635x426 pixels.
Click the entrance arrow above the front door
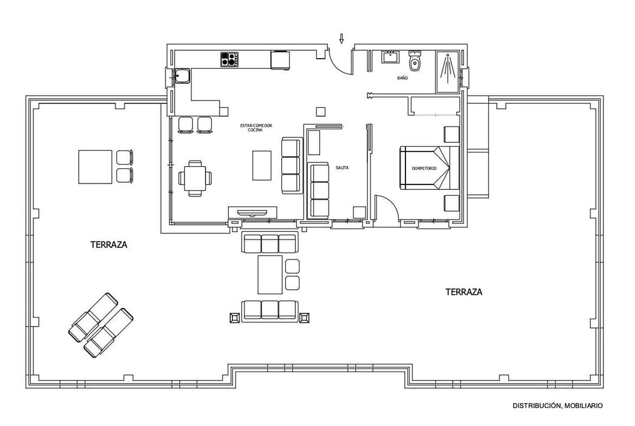pyautogui.click(x=341, y=38)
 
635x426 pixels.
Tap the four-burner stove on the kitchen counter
pyautogui.click(x=229, y=60)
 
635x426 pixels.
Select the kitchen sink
pyautogui.click(x=182, y=76)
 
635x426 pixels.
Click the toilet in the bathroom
pyautogui.click(x=414, y=60)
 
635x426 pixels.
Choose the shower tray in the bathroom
pyautogui.click(x=448, y=72)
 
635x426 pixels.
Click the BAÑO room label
pyautogui.click(x=402, y=78)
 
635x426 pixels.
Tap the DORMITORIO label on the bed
pyautogui.click(x=424, y=168)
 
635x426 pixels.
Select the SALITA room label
pyautogui.click(x=342, y=167)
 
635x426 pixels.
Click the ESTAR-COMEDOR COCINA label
pyautogui.click(x=256, y=128)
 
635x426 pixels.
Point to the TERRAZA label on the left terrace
pyautogui.click(x=109, y=245)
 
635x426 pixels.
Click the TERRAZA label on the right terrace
pyautogui.click(x=463, y=291)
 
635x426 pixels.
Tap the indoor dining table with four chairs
pyautogui.click(x=195, y=178)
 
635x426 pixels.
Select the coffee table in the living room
pyautogui.click(x=262, y=165)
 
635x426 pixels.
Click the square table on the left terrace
pyautogui.click(x=95, y=167)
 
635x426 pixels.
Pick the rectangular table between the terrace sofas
pyautogui.click(x=270, y=275)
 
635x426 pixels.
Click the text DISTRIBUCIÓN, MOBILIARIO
pyautogui.click(x=557, y=405)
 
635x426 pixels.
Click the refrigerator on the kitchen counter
pyautogui.click(x=280, y=60)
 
